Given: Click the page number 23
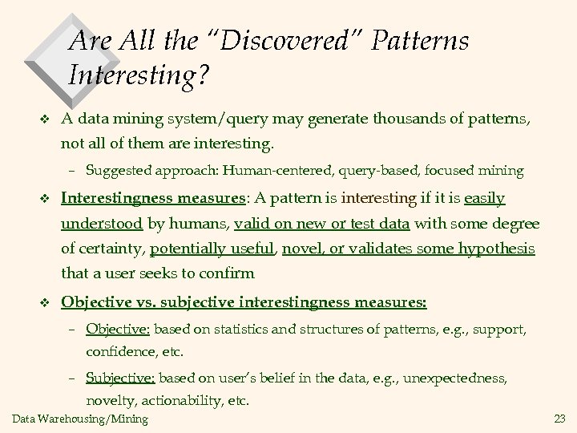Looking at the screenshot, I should [x=559, y=419].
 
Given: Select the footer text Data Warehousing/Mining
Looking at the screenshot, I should [x=80, y=419].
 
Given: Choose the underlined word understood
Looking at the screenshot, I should [x=102, y=223].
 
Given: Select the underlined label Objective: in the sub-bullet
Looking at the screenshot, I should [x=118, y=330].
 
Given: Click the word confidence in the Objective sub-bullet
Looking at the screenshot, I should [x=119, y=352].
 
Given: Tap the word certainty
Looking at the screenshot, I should [x=110, y=249].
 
